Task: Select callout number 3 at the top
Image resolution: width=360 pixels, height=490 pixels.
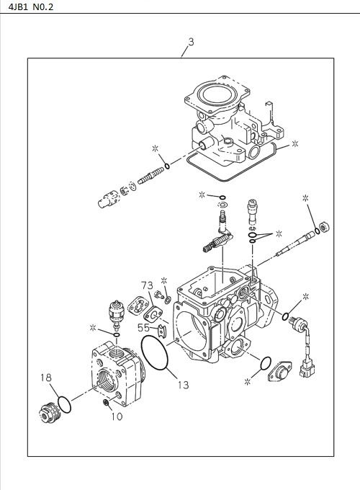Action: point(190,43)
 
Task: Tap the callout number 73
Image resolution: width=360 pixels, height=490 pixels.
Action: point(147,285)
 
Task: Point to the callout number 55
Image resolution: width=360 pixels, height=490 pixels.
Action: point(144,327)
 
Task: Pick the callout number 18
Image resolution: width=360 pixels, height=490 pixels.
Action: point(46,377)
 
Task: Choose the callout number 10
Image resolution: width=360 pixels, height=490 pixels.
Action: point(117,416)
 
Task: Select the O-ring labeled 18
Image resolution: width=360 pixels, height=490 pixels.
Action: point(63,404)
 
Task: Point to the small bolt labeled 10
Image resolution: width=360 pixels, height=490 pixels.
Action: point(106,404)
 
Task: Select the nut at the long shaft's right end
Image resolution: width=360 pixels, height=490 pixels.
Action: point(325,228)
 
